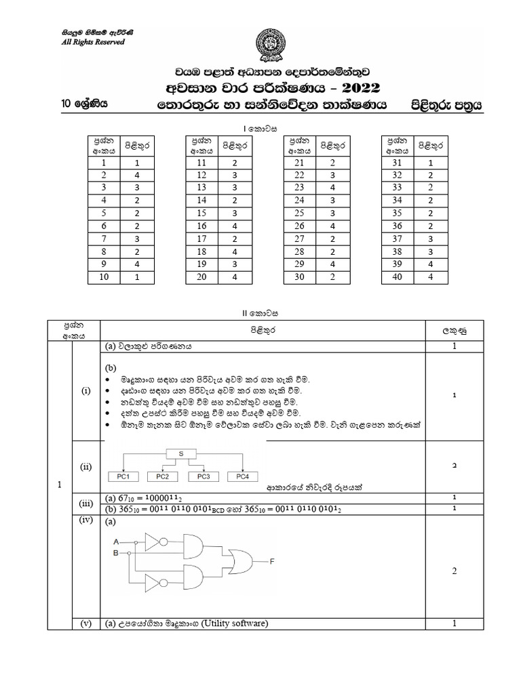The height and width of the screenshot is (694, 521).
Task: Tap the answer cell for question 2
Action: tap(136, 176)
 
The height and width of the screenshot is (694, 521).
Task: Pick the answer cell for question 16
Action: tap(233, 226)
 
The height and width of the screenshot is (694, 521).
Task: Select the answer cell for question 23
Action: tap(332, 188)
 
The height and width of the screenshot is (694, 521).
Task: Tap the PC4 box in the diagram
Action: tap(242, 476)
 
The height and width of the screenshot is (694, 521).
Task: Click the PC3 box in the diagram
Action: tap(204, 476)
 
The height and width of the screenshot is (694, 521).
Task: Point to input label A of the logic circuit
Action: tap(116, 542)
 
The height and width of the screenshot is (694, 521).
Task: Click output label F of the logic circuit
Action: tap(272, 560)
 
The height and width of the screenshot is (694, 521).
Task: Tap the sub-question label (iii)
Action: tap(85, 504)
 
